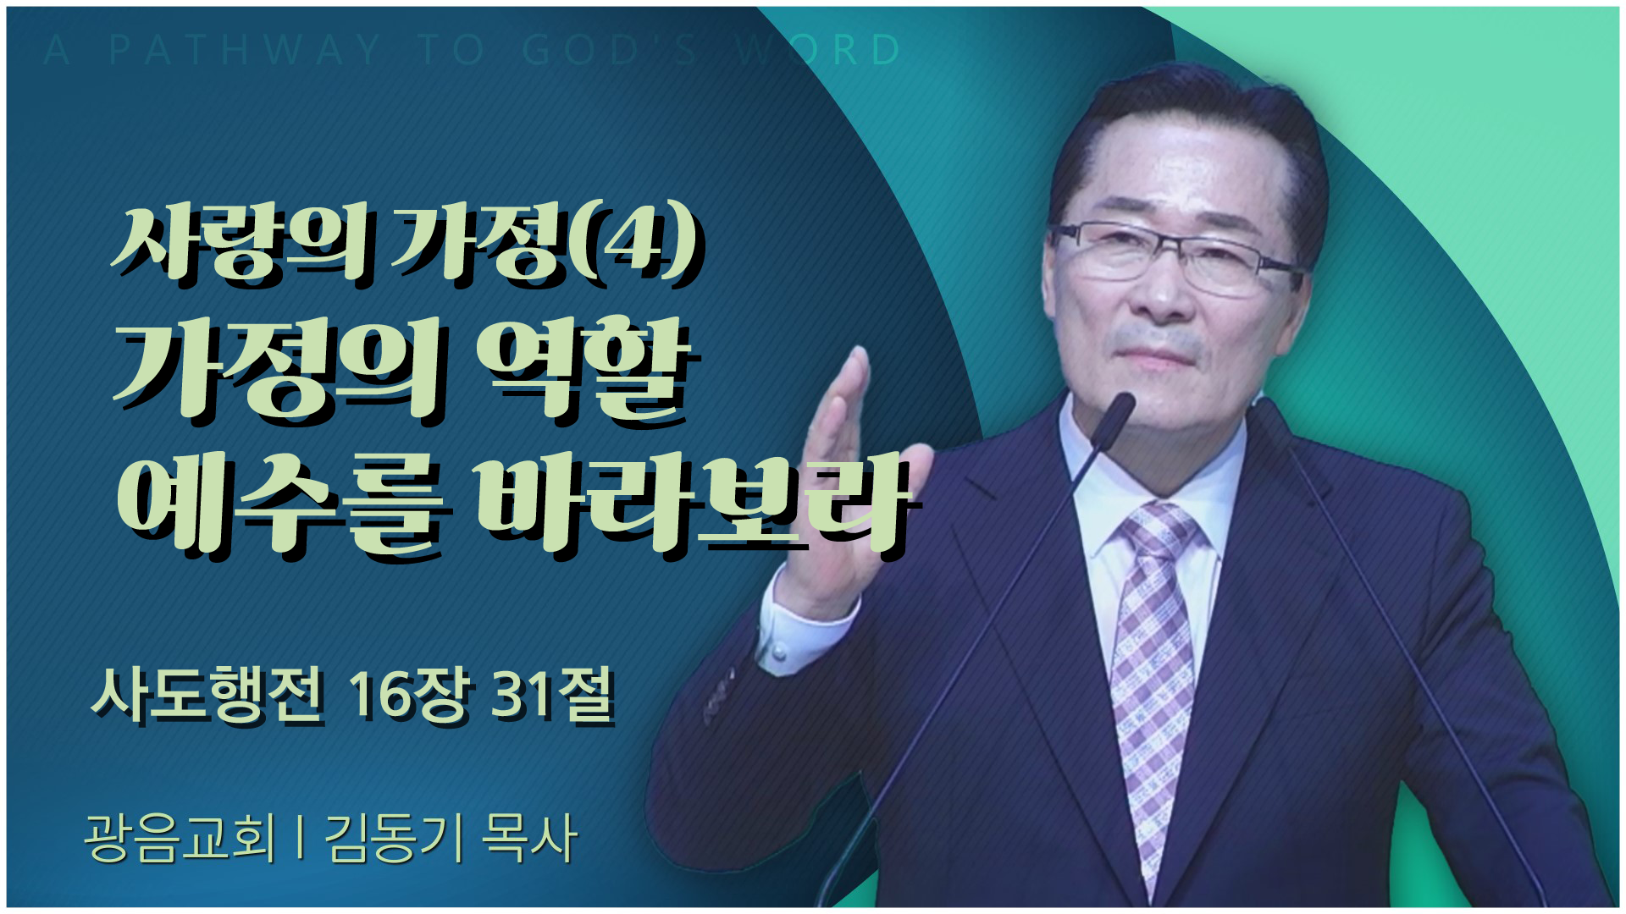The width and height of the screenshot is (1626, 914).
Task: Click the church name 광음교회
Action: (180, 838)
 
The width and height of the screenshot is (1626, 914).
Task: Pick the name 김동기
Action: (393, 838)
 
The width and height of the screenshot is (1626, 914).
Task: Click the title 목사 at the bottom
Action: (528, 838)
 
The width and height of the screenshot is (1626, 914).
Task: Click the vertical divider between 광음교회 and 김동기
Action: (301, 838)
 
